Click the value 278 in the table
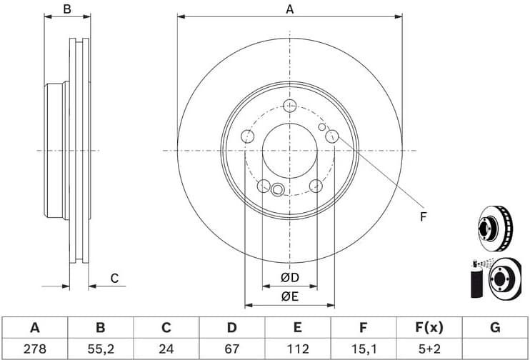34,349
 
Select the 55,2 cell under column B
100,349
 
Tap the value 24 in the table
166,349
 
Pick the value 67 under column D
231,349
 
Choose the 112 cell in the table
298,349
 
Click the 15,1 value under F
364,349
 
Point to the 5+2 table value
429,349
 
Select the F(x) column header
429,328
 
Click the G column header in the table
495,328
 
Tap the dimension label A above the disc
289,9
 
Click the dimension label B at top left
67,9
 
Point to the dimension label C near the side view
114,279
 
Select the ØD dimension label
289,277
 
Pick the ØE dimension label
289,295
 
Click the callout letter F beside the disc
422,216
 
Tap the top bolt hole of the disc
289,106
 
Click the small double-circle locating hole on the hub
278,189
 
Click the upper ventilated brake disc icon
493,226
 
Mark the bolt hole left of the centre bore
247,136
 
